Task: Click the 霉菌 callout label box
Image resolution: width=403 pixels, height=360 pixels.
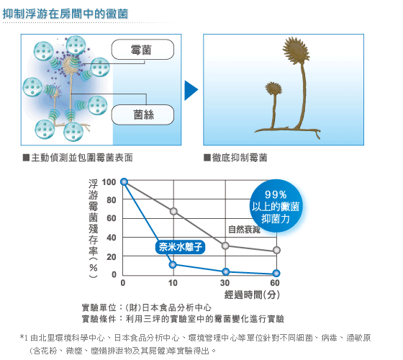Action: (x=142, y=50)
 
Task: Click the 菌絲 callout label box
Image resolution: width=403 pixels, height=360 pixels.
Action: (x=142, y=114)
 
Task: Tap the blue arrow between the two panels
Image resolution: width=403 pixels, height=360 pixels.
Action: (x=191, y=90)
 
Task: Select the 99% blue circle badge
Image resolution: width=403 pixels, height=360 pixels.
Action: (x=276, y=206)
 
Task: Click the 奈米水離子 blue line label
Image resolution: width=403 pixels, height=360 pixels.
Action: (x=180, y=247)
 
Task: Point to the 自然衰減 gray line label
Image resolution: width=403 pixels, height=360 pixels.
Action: (x=244, y=230)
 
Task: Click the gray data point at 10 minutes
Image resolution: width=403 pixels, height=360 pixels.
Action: (x=173, y=212)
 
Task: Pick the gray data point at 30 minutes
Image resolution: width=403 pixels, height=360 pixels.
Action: (x=225, y=246)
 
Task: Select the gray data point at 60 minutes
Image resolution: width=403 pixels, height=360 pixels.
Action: (x=276, y=250)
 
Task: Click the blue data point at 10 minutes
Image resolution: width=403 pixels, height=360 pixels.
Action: (x=173, y=265)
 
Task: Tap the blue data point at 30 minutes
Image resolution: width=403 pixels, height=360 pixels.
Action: (x=226, y=271)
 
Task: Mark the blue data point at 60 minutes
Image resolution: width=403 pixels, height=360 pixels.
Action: (x=276, y=274)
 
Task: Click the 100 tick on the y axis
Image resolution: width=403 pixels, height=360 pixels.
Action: (x=109, y=182)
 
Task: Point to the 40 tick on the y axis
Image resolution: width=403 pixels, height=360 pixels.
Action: (x=111, y=238)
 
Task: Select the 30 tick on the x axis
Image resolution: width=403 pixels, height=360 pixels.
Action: (x=225, y=283)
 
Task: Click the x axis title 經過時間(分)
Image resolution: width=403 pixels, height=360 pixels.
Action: (x=252, y=294)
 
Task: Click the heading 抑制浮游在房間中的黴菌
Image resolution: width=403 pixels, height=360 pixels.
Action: (x=65, y=14)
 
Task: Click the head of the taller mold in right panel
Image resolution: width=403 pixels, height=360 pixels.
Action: (x=296, y=50)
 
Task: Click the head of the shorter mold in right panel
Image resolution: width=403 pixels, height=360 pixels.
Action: (x=273, y=88)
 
